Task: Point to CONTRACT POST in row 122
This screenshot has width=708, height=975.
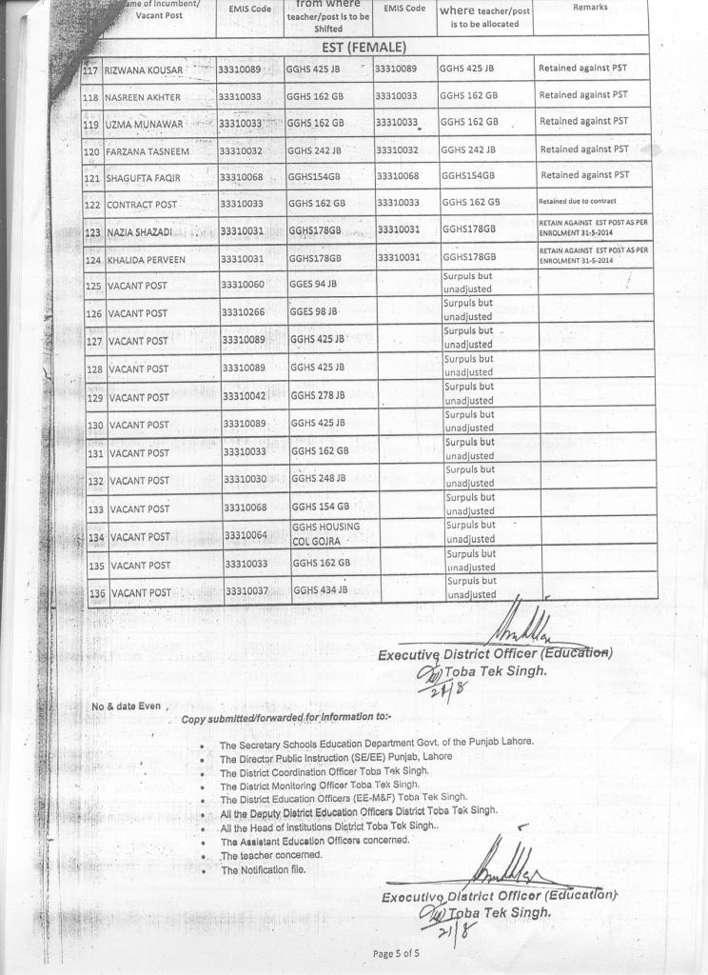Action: [142, 205]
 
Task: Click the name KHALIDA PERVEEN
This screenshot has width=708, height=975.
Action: [146, 259]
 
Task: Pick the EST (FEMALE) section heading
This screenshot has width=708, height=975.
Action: [364, 46]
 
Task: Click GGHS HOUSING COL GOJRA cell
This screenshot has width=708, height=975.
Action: [325, 534]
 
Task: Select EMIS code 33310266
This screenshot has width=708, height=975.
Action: [243, 311]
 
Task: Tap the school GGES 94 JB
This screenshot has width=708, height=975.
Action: [313, 284]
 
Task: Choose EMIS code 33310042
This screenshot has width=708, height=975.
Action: [245, 395]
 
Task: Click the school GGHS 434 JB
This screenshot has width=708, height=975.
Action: [321, 590]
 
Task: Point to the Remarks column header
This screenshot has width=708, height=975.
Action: [590, 8]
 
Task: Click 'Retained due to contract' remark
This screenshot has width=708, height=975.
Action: [578, 202]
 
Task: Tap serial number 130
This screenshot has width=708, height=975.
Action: [96, 426]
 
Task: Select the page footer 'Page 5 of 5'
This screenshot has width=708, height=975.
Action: [397, 953]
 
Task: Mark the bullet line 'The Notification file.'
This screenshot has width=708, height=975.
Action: [262, 870]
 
